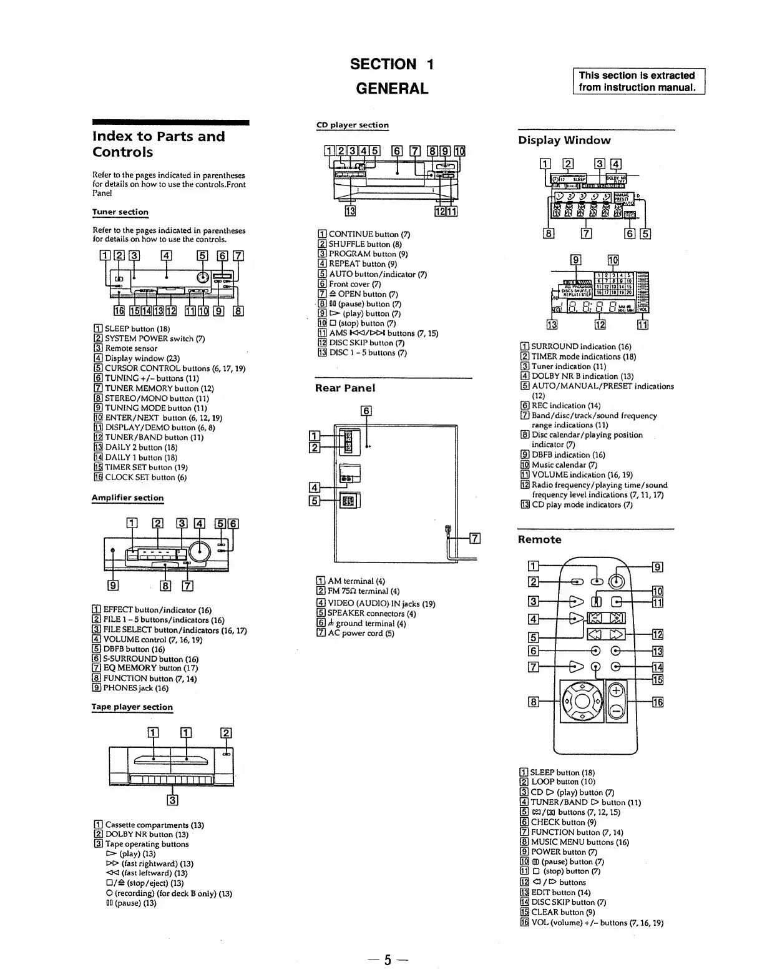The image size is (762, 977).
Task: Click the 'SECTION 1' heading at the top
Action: click(391, 64)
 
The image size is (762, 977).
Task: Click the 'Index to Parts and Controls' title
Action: click(159, 144)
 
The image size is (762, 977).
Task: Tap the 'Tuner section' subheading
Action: click(120, 212)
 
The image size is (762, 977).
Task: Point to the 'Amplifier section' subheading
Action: click(127, 498)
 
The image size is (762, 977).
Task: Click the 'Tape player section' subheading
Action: click(132, 707)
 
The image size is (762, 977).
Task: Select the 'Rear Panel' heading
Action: click(345, 388)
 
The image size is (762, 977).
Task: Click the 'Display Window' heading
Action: click(564, 140)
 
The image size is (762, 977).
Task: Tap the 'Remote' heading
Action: click(540, 539)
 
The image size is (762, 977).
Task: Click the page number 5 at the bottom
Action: click(387, 960)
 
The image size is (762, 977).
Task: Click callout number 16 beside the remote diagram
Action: click(657, 702)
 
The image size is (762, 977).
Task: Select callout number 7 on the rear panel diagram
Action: click(474, 538)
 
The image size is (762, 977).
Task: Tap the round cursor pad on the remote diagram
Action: click(582, 702)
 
